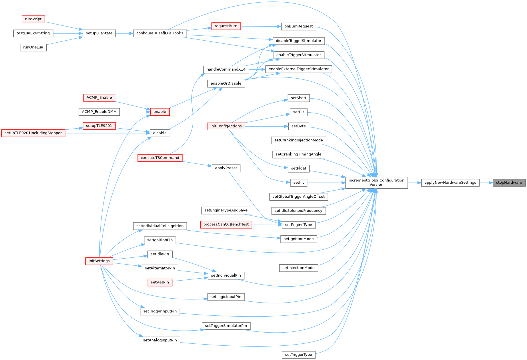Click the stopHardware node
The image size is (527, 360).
point(509,183)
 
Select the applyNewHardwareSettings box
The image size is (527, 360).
point(450,183)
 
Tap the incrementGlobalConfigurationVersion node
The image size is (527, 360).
point(376,183)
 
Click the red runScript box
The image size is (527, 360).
point(33,19)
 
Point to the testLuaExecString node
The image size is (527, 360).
point(33,33)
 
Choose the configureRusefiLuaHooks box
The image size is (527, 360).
point(160,33)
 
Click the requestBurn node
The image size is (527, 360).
point(226,26)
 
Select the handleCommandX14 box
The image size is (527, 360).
point(226,69)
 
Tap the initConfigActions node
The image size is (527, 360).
point(226,126)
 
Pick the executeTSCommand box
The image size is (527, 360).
point(160,158)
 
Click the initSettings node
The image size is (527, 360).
point(99,261)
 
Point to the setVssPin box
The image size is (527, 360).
point(160,282)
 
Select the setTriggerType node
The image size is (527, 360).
point(298,355)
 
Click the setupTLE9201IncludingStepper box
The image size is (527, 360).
point(33,133)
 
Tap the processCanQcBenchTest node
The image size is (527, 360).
point(226,225)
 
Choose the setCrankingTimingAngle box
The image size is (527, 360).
point(298,154)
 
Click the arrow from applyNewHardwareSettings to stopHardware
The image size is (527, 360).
point(486,183)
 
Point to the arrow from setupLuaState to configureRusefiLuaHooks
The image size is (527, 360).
point(125,33)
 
